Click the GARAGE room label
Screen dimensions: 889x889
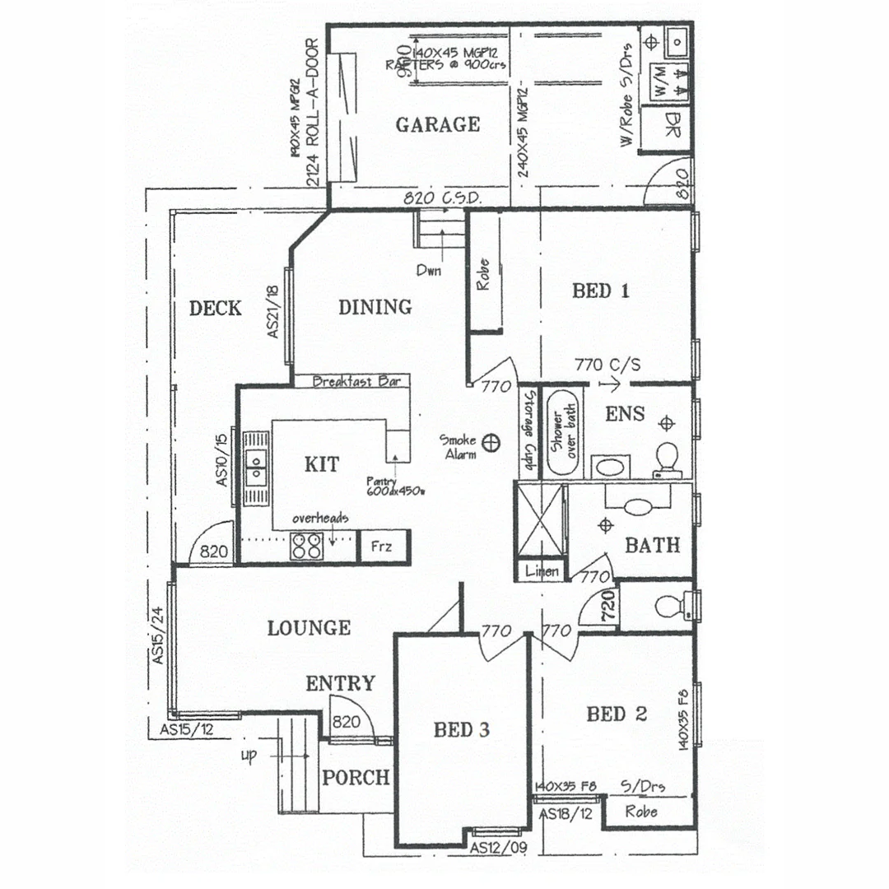(x=437, y=125)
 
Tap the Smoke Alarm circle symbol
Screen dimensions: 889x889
(x=493, y=443)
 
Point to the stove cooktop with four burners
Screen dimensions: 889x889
(x=307, y=545)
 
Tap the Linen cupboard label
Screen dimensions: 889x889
(x=541, y=570)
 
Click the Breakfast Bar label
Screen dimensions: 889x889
(x=356, y=381)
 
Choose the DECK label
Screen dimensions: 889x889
(x=215, y=309)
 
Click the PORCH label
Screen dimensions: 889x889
(x=355, y=777)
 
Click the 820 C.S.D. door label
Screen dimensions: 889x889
(x=442, y=198)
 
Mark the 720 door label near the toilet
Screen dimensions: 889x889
(x=608, y=606)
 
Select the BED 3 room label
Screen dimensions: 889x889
(x=461, y=729)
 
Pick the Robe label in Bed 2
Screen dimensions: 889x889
(x=641, y=811)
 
